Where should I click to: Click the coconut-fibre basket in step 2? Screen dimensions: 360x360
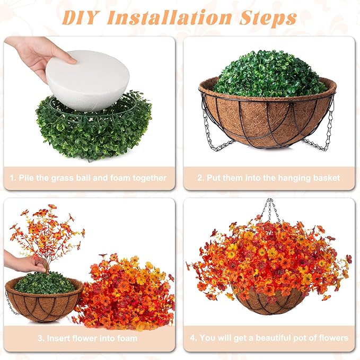[267, 119]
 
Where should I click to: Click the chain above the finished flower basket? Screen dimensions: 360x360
[270, 209]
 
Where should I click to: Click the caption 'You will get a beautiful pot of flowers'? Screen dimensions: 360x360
[269, 338]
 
